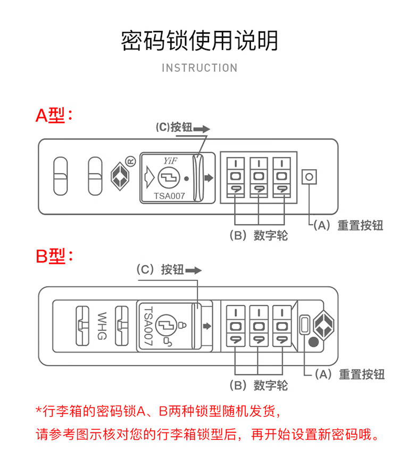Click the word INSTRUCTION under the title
pos(199,68)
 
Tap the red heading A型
pos(53,115)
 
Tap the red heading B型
pos(53,256)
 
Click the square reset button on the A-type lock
pos(309,177)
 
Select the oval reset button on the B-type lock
pos(305,324)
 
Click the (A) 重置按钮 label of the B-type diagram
pos(349,374)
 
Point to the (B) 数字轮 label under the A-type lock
pos(258,235)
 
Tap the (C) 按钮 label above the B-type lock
pos(160,269)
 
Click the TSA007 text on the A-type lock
pos(169,195)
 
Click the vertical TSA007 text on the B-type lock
pos(148,326)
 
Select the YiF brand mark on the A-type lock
pos(170,160)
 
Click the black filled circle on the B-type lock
pos(314,343)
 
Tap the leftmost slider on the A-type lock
pos(61,177)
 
